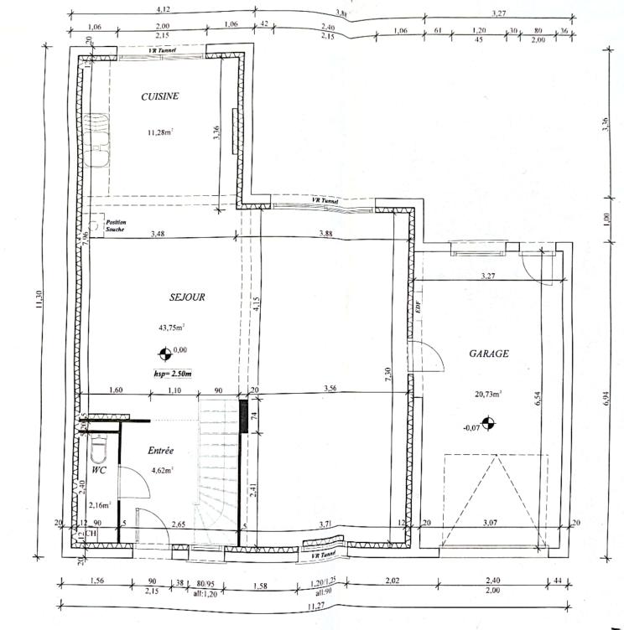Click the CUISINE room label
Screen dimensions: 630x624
159,97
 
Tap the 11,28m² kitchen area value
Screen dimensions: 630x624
160,132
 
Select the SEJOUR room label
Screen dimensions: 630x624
185,297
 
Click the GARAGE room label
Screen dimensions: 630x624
488,354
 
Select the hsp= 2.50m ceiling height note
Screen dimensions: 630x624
173,374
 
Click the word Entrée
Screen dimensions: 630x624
161,451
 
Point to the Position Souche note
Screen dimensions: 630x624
115,225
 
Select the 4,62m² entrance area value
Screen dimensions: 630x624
161,471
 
